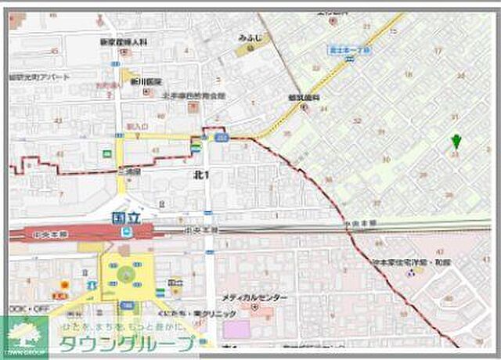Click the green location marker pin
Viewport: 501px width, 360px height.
pos(456,142)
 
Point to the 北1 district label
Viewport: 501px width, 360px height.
pos(200,174)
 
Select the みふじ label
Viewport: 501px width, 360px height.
pos(250,38)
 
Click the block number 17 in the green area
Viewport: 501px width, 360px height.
pos(437,50)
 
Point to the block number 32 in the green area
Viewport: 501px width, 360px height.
pos(357,121)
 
